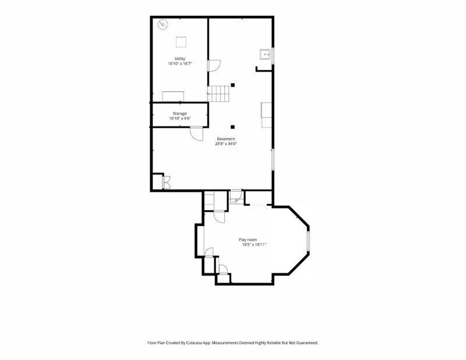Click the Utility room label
coord(180,59)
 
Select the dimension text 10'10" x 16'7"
coord(180,63)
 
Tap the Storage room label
coord(180,114)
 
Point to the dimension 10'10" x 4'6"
coord(180,118)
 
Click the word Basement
coord(226,139)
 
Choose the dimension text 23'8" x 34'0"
coord(226,143)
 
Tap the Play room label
coord(248,239)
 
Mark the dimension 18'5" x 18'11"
coord(254,245)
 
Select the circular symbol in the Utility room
coord(163,24)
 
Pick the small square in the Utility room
coord(181,42)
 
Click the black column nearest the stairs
coord(232,85)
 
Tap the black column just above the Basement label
coord(232,127)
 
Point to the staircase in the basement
coord(218,94)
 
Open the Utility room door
coord(214,66)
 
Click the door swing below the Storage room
coord(197,133)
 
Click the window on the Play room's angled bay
coord(308,241)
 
